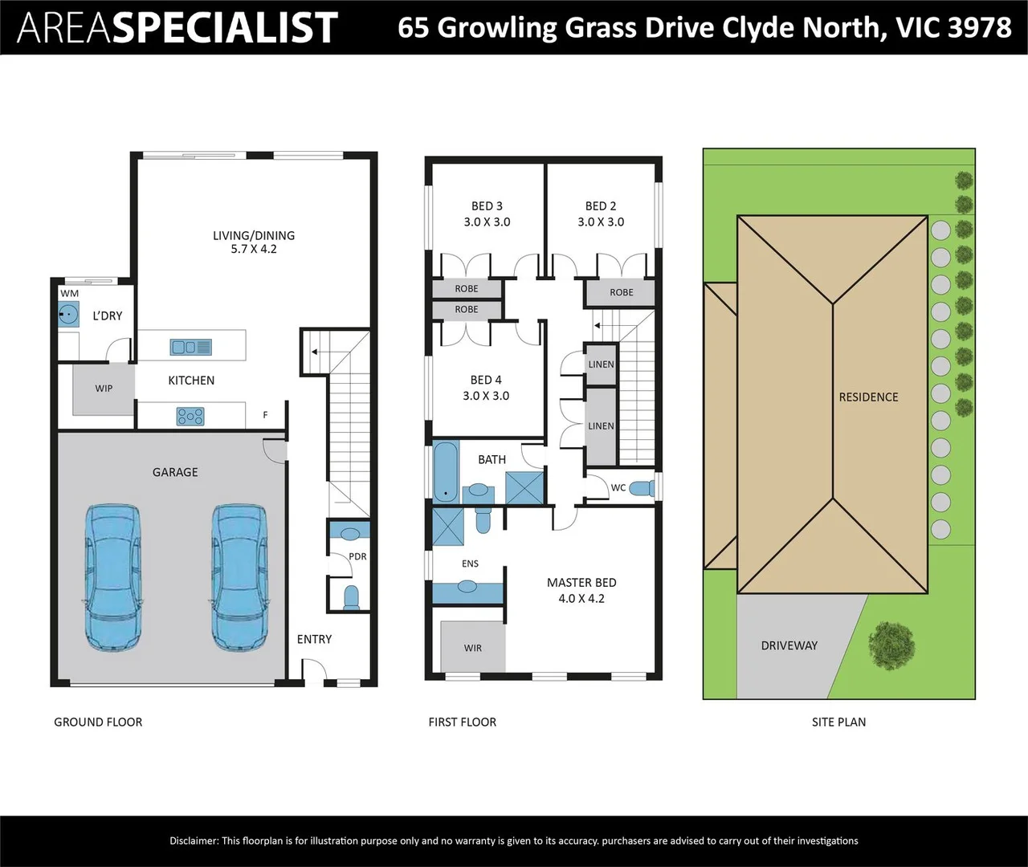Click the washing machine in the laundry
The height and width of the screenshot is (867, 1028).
click(68, 314)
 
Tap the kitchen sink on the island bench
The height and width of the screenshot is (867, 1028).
click(191, 347)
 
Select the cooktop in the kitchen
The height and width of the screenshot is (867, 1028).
click(190, 417)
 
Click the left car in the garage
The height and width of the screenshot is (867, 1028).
click(113, 578)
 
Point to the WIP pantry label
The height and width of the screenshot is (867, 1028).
click(104, 389)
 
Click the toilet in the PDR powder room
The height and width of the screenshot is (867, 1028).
click(350, 597)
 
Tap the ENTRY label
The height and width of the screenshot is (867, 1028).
click(314, 639)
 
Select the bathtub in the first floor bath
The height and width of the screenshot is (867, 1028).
click(446, 472)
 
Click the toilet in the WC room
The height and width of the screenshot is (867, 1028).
click(642, 488)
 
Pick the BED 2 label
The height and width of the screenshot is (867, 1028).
click(601, 206)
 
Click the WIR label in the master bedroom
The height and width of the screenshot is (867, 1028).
click(473, 648)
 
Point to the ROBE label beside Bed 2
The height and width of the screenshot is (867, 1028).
click(622, 292)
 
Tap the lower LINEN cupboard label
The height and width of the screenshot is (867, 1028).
click(601, 425)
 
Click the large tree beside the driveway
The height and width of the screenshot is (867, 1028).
click(891, 645)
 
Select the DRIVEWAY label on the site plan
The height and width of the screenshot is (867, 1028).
click(789, 645)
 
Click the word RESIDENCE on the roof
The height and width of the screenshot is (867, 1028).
click(868, 397)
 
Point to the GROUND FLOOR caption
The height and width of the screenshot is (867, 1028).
click(98, 722)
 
